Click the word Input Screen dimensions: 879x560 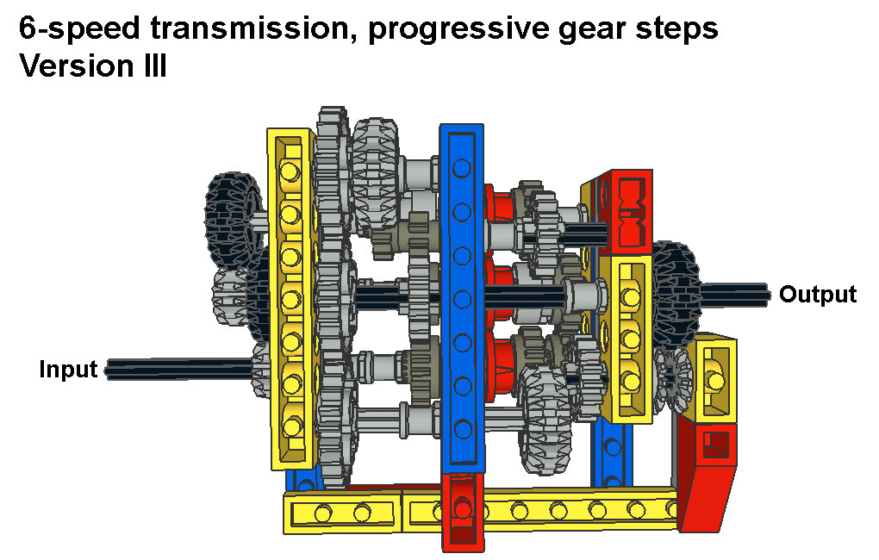point(68,370)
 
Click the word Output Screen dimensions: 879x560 point(818,295)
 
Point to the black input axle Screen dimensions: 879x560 point(179,370)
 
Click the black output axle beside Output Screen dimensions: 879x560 point(734,295)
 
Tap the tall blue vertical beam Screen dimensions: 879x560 point(462,298)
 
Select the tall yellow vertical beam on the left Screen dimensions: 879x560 point(290,298)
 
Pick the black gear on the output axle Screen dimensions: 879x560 point(676,295)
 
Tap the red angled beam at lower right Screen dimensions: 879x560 point(708,476)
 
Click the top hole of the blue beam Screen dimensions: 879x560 point(462,168)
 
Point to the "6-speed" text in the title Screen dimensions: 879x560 point(79,29)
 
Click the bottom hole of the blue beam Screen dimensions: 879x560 point(463,430)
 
